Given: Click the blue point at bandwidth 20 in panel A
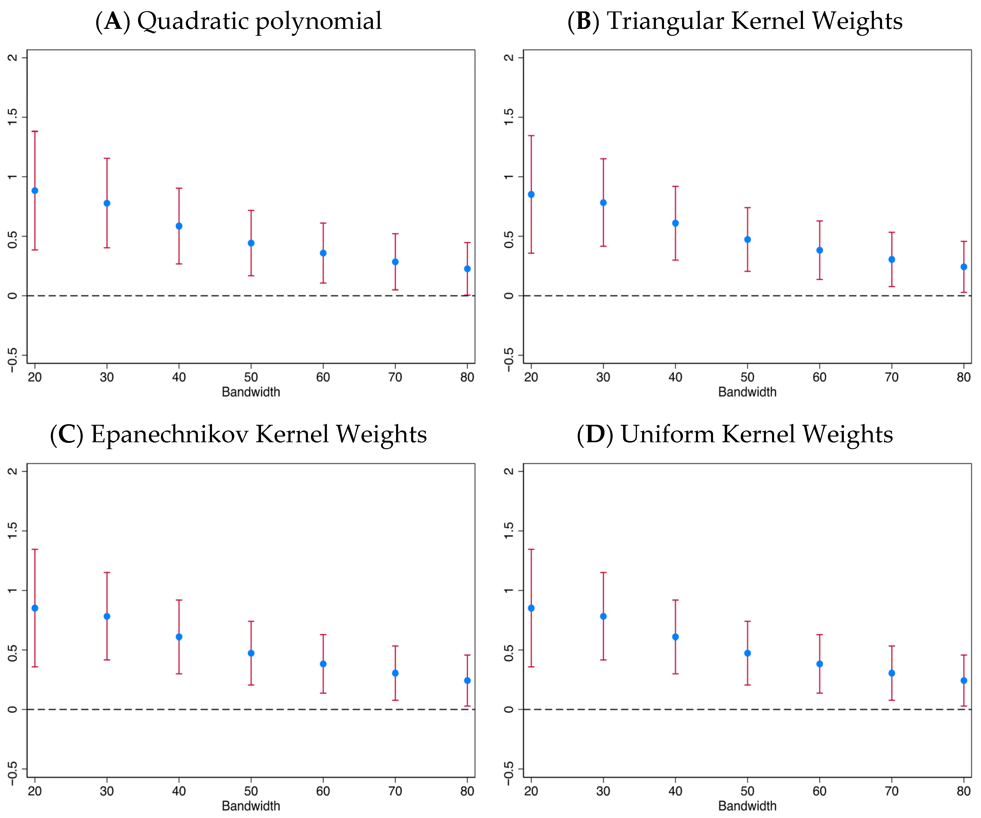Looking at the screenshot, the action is click(x=35, y=191).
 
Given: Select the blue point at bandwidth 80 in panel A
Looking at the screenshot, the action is click(x=467, y=269).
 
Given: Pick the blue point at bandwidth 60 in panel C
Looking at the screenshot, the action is click(x=323, y=664).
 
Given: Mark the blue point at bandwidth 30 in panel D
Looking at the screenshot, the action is click(x=603, y=616).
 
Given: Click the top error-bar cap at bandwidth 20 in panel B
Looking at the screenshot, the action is click(x=531, y=136).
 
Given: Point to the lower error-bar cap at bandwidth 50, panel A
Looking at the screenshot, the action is click(x=251, y=276).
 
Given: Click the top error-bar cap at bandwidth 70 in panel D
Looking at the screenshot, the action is click(x=891, y=646).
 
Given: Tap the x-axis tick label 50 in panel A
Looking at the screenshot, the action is click(x=251, y=377).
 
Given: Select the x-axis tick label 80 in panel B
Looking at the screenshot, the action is click(x=963, y=377).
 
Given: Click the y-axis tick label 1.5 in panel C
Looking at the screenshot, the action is click(x=13, y=530).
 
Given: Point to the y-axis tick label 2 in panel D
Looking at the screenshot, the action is click(x=509, y=471).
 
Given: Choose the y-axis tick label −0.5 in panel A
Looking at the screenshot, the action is click(x=13, y=360).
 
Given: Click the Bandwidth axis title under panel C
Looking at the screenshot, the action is click(x=251, y=806).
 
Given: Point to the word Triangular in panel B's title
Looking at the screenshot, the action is click(x=665, y=21).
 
